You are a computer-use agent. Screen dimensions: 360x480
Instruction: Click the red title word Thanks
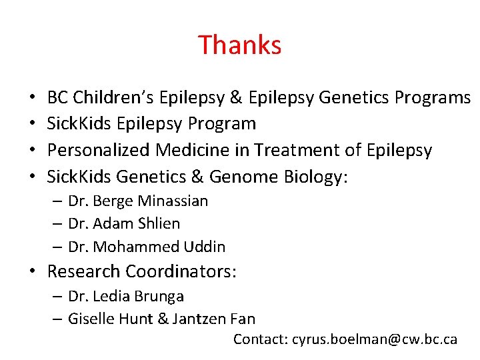240,45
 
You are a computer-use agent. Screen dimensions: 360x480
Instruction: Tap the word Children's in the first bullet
115,97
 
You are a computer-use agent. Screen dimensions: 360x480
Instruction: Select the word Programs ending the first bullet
432,97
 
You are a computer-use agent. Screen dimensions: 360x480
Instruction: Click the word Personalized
99,150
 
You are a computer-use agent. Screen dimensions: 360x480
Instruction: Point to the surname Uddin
205,247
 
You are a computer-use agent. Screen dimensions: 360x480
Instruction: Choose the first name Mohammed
137,247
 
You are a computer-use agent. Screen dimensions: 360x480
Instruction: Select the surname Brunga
159,296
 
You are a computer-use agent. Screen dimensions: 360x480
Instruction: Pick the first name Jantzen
198,319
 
